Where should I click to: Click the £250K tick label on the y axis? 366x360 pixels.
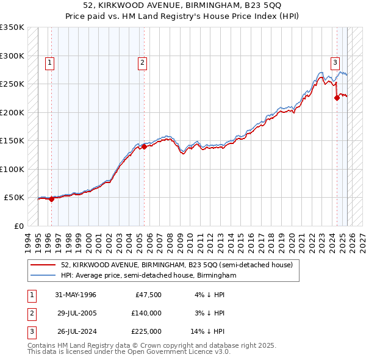tap(12, 84)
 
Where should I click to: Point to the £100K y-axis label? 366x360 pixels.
tap(12, 169)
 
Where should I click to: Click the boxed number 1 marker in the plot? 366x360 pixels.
tap(49, 62)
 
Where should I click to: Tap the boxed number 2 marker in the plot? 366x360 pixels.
tap(142, 62)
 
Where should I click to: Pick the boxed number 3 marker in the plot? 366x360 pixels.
tap(335, 62)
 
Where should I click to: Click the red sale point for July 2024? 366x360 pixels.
tap(336, 98)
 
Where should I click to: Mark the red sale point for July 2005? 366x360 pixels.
tap(144, 146)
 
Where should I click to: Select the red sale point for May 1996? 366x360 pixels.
tap(52, 199)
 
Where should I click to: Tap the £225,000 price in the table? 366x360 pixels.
tap(146, 331)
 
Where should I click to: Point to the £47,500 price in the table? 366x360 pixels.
tap(148, 295)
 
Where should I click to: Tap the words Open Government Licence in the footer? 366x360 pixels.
tap(171, 352)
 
